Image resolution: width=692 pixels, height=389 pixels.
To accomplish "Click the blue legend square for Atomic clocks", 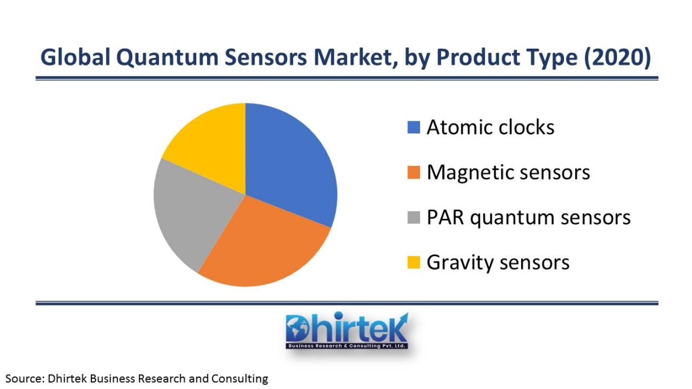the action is pyautogui.click(x=413, y=127).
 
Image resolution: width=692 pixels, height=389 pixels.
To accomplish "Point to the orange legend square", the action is pyautogui.click(x=413, y=173).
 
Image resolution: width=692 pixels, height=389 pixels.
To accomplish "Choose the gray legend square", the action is pyautogui.click(x=413, y=218).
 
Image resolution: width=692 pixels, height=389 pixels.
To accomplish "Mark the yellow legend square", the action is pyautogui.click(x=413, y=262).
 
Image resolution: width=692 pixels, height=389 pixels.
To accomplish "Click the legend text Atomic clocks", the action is pyautogui.click(x=490, y=127).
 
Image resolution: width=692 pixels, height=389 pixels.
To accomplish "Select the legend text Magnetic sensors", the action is pyautogui.click(x=508, y=173).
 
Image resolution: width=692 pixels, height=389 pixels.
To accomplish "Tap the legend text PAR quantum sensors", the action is pyautogui.click(x=529, y=218).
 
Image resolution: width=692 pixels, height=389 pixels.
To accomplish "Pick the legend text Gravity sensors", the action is pyautogui.click(x=498, y=263).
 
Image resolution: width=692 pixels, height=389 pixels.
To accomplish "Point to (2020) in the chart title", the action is pyautogui.click(x=617, y=57).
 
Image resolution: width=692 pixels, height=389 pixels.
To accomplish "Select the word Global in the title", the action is pyautogui.click(x=75, y=57).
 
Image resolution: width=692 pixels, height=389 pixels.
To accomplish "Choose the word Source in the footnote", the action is pyautogui.click(x=24, y=378).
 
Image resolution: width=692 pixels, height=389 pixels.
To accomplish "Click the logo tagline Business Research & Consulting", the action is pyautogui.click(x=347, y=346).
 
